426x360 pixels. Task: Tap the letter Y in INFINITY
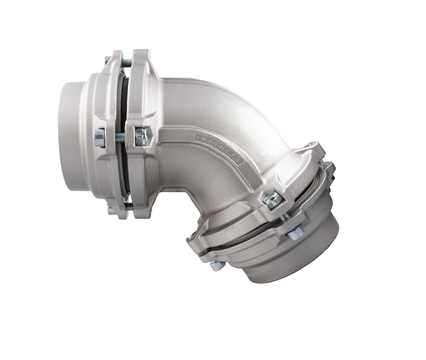pyautogui.click(x=240, y=161)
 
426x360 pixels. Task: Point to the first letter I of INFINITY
pyautogui.click(x=198, y=136)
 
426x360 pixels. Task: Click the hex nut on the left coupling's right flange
pyautogui.click(x=141, y=136)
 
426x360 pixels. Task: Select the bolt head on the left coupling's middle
pyautogui.click(x=99, y=138)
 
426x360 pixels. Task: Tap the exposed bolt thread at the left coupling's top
pyautogui.click(x=127, y=63)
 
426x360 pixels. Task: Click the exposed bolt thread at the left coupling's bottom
pyautogui.click(x=129, y=208)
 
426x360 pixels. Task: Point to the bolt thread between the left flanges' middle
pyautogui.click(x=120, y=137)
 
